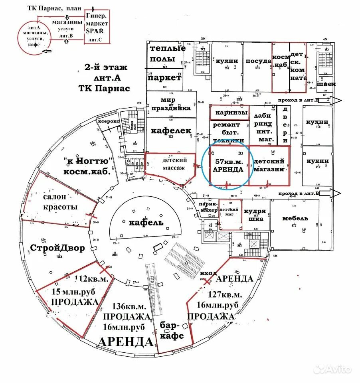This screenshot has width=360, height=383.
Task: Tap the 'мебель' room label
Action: point(295,218)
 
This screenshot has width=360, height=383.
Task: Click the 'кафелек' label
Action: point(171,130)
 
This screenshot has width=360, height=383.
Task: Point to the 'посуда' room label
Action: point(258,61)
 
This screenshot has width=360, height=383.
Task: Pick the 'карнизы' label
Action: point(229,113)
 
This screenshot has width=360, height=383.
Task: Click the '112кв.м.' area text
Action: point(91,279)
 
